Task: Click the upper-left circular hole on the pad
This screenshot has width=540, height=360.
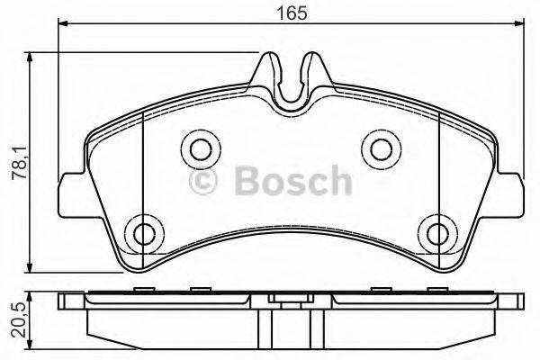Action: pyautogui.click(x=197, y=147)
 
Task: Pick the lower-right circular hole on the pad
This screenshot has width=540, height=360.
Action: pyautogui.click(x=438, y=233)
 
